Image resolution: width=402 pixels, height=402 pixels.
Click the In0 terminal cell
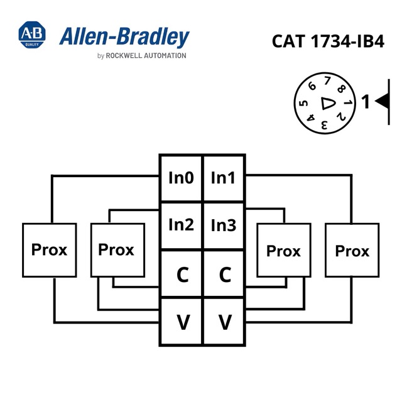[x=182, y=178]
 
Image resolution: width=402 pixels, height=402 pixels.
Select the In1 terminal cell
[x=224, y=178]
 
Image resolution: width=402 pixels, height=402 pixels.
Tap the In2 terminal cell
[x=182, y=225]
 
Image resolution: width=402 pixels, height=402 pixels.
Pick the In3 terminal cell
[x=224, y=225]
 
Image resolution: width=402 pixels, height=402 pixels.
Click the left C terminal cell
[x=182, y=274]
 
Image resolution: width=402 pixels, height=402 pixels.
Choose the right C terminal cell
[x=224, y=274]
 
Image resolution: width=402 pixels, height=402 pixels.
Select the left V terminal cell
[x=182, y=322]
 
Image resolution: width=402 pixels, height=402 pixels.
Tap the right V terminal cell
[x=224, y=322]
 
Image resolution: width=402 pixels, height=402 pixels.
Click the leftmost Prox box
[x=50, y=250]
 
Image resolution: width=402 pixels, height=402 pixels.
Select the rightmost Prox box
[x=352, y=250]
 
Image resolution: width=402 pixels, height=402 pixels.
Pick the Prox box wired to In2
[x=117, y=250]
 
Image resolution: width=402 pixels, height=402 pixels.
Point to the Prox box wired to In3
[x=284, y=250]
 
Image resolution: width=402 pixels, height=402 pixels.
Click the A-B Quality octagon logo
[x=32, y=35]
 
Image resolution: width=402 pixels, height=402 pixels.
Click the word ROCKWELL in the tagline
[x=124, y=56]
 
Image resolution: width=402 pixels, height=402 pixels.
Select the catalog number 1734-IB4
[x=347, y=41]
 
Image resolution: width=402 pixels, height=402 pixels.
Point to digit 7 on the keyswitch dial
[x=327, y=80]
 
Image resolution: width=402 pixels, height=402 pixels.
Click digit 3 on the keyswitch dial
[x=324, y=125]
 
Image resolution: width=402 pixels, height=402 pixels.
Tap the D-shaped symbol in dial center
[x=328, y=103]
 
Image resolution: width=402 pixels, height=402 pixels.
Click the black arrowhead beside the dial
[x=382, y=101]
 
